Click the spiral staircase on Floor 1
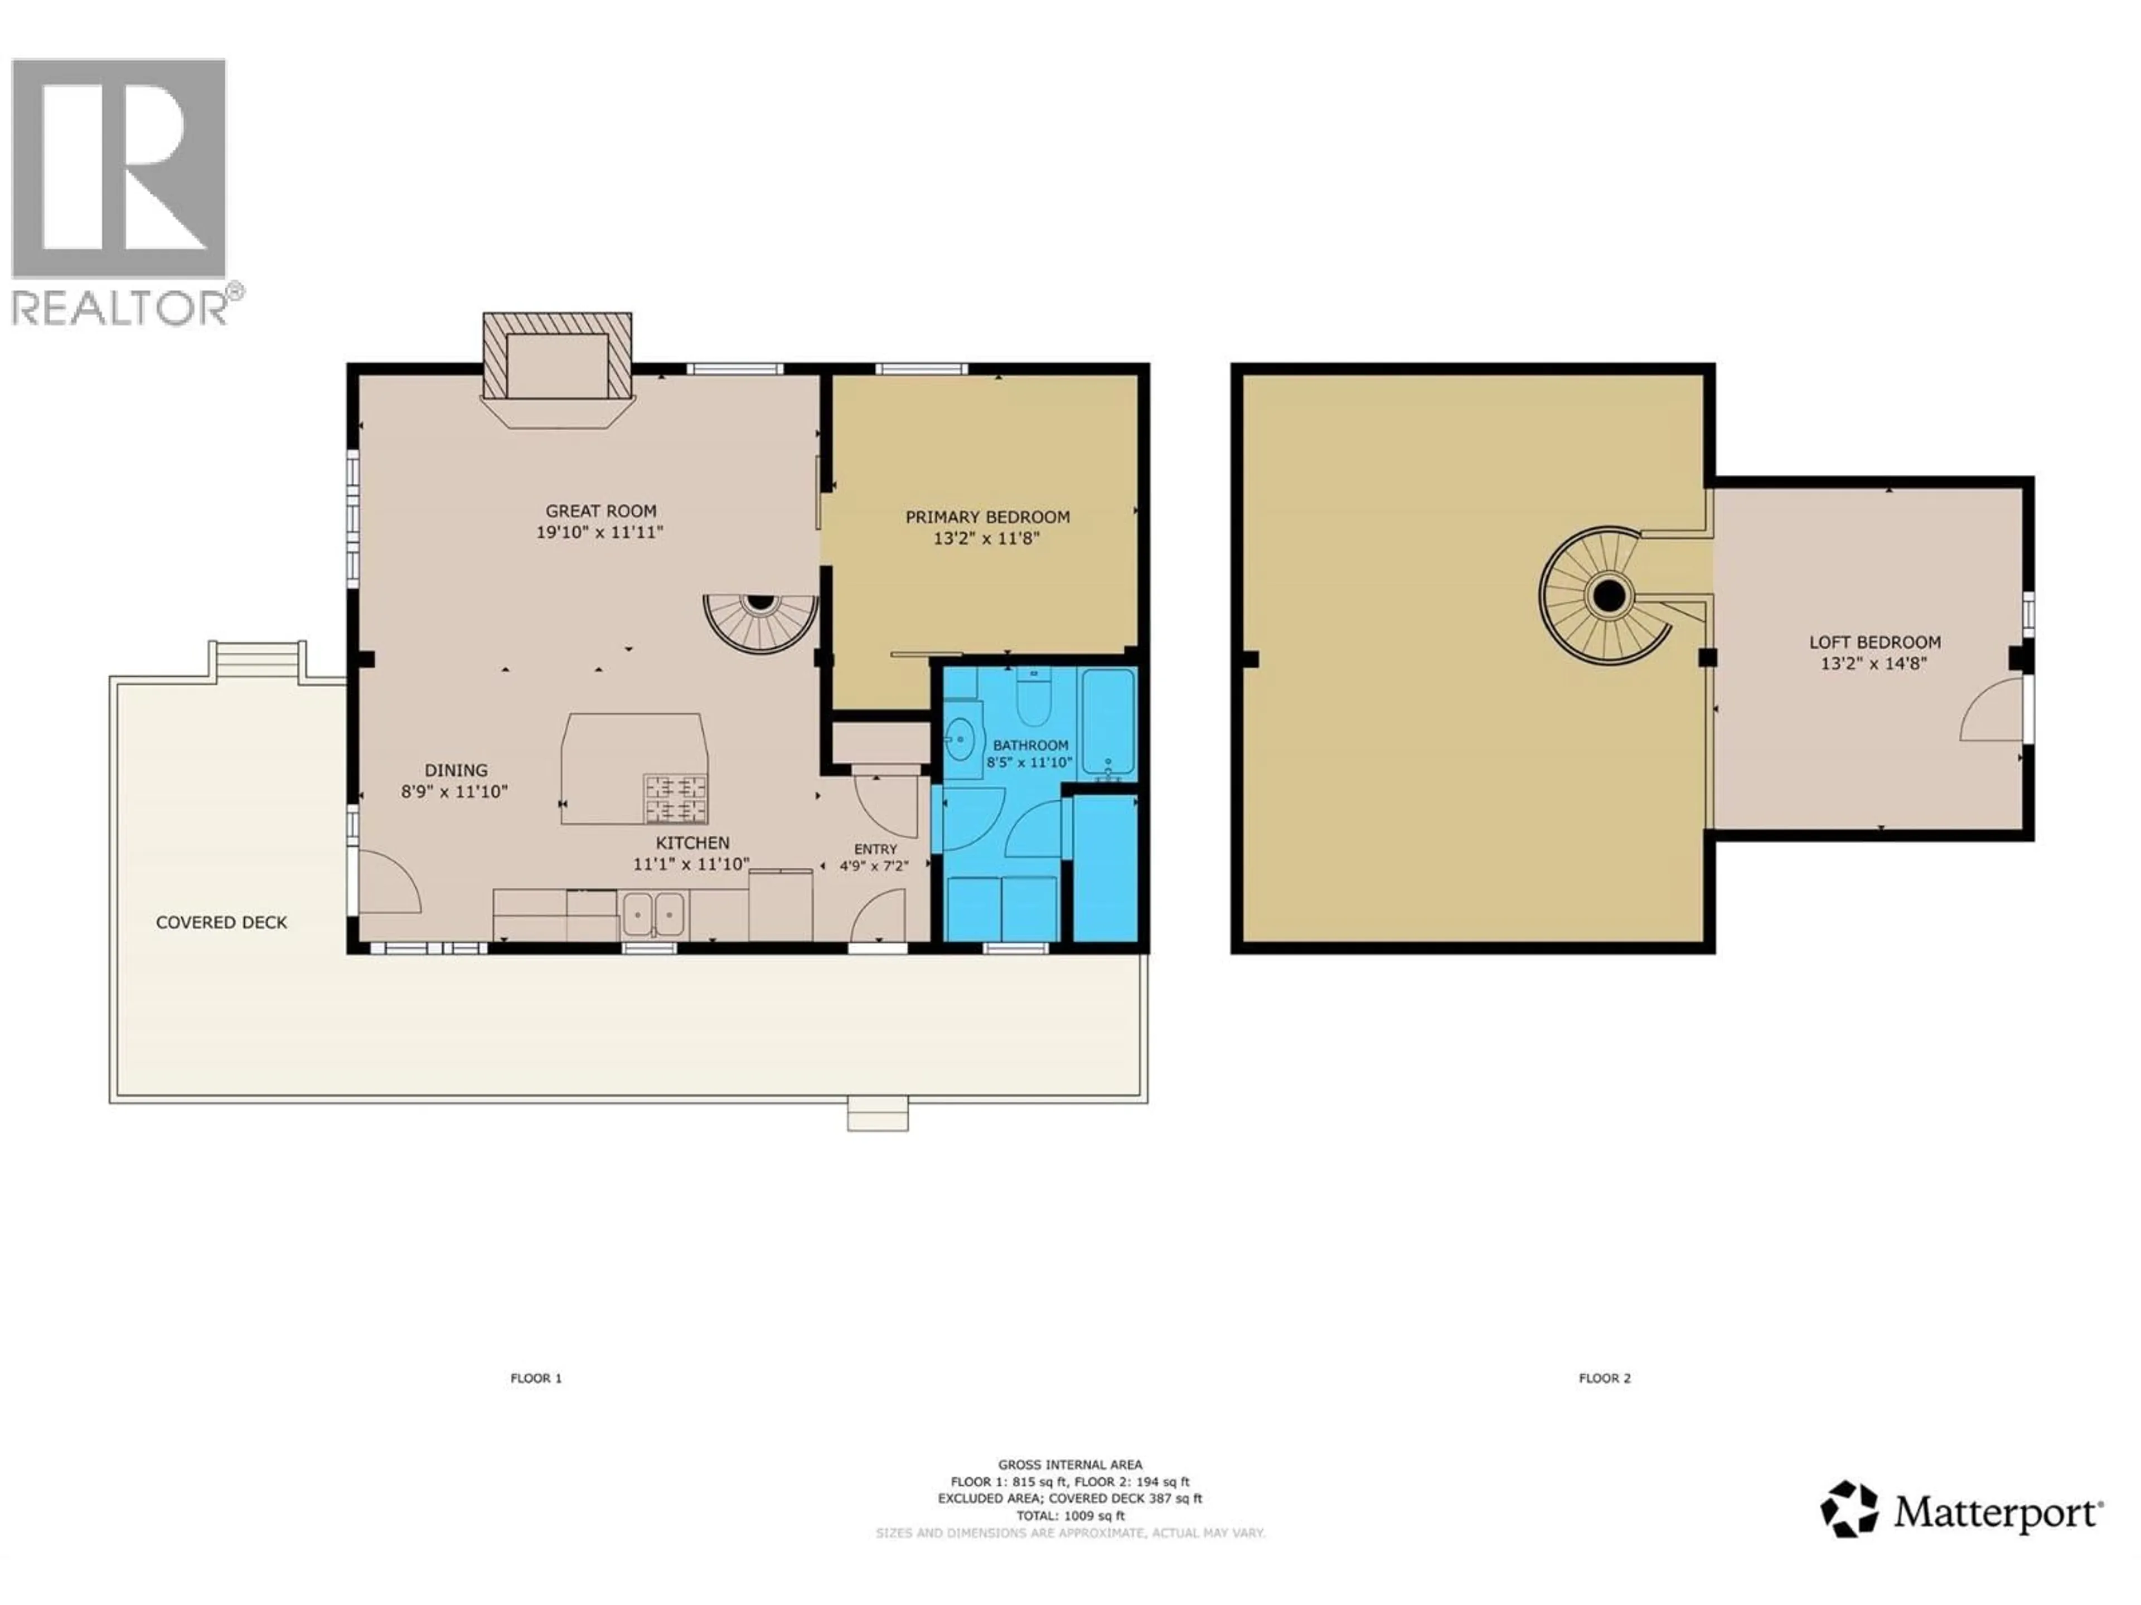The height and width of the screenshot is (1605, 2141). click(x=761, y=619)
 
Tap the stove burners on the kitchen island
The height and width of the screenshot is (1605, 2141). click(x=676, y=798)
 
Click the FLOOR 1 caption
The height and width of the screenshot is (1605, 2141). click(x=536, y=1378)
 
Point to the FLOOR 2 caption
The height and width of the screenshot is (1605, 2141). click(x=1604, y=1378)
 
